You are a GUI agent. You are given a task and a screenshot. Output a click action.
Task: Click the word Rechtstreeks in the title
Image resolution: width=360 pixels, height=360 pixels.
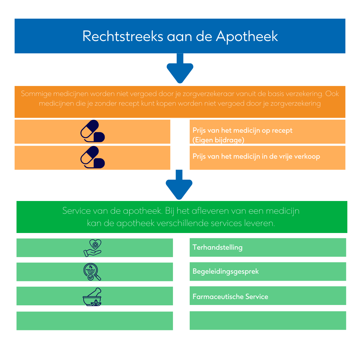pyautogui.click(x=123, y=36)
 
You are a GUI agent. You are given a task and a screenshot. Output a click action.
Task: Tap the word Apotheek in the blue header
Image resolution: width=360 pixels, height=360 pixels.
pyautogui.click(x=247, y=37)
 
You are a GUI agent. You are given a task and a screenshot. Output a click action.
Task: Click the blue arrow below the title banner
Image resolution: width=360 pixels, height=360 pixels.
pyautogui.click(x=180, y=68)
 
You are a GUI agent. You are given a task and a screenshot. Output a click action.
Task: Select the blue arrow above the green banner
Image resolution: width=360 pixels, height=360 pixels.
pyautogui.click(x=179, y=185)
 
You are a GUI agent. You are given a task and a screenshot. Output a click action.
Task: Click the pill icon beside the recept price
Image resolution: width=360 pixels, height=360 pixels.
pyautogui.click(x=93, y=131)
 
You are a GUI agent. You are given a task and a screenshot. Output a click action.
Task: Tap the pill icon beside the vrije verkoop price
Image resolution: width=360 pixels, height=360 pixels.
pyautogui.click(x=93, y=157)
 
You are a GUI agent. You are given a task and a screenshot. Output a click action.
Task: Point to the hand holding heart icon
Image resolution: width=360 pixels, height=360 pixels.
pyautogui.click(x=93, y=248)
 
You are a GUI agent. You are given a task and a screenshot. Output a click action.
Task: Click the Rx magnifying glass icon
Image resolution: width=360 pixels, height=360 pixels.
pyautogui.click(x=92, y=272)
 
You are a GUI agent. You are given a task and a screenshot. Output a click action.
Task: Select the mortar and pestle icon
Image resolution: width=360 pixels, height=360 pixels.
pyautogui.click(x=92, y=297)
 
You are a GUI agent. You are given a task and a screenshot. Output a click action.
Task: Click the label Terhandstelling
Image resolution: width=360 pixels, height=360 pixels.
pyautogui.click(x=217, y=247)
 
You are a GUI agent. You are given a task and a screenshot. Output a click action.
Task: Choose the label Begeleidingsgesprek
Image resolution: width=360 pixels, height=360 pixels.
pyautogui.click(x=225, y=272)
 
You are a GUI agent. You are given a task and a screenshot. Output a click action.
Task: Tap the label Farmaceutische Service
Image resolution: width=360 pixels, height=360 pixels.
pyautogui.click(x=230, y=297)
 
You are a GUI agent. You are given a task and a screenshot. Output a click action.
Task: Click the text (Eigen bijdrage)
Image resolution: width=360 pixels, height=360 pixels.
pyautogui.click(x=218, y=140)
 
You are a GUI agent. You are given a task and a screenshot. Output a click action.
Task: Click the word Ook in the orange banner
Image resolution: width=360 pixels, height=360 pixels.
pyautogui.click(x=332, y=94)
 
